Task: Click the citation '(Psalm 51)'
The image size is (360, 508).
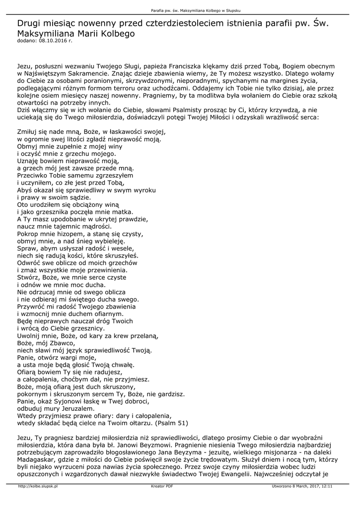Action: [x=172, y=423]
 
